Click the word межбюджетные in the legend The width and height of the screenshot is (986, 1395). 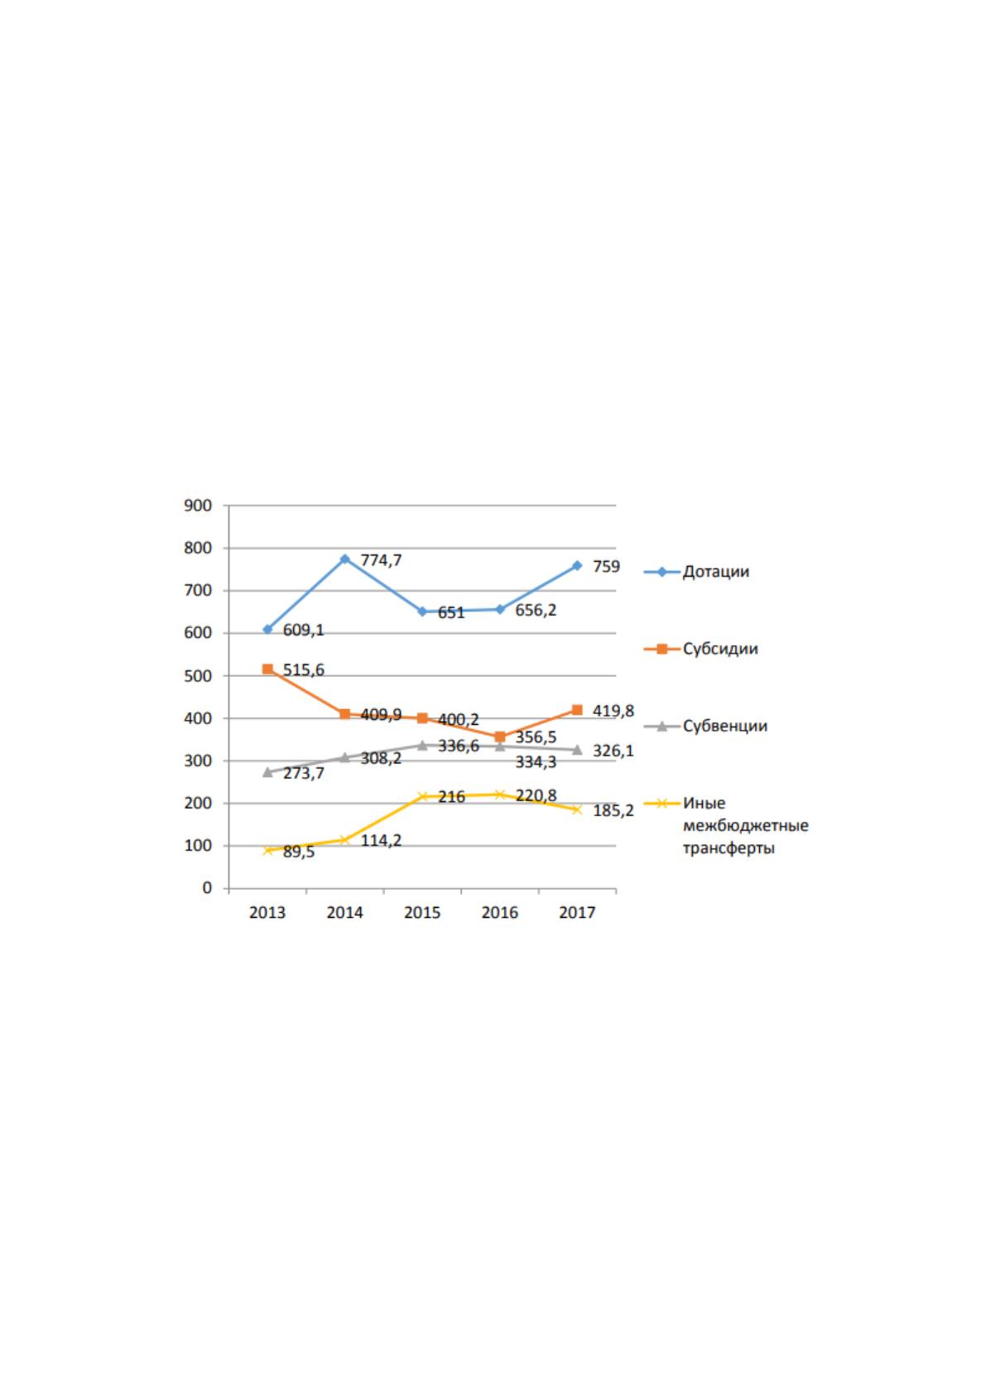tap(746, 826)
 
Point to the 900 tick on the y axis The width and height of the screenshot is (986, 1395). tap(198, 505)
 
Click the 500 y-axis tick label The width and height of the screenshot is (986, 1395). tap(198, 676)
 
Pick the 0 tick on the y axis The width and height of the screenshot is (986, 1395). tap(207, 888)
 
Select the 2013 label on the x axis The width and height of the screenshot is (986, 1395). tap(267, 913)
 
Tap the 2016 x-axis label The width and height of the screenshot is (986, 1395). tap(500, 913)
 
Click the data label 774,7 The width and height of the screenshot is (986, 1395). tap(381, 561)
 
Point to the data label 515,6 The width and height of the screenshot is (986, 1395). tap(304, 670)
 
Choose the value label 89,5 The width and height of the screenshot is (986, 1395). tap(299, 852)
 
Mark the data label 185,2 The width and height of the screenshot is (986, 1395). tap(613, 811)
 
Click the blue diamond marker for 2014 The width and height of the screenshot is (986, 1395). tap(345, 559)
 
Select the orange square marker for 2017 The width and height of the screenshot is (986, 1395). tap(577, 710)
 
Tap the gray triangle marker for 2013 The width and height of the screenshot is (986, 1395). tap(267, 772)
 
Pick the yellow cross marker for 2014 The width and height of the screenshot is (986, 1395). tap(345, 840)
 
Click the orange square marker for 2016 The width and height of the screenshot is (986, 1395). tap(500, 736)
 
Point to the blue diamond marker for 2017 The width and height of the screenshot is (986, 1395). tap(577, 566)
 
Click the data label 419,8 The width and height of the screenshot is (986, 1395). tap(613, 712)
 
